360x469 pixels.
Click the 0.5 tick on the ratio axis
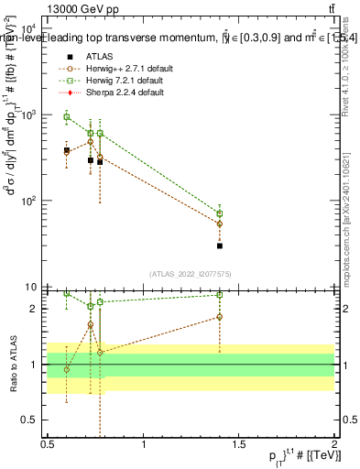[33, 420]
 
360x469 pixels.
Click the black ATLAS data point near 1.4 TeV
[220, 245]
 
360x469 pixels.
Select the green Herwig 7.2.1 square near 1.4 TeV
[220, 213]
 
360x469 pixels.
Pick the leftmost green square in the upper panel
[66, 116]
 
